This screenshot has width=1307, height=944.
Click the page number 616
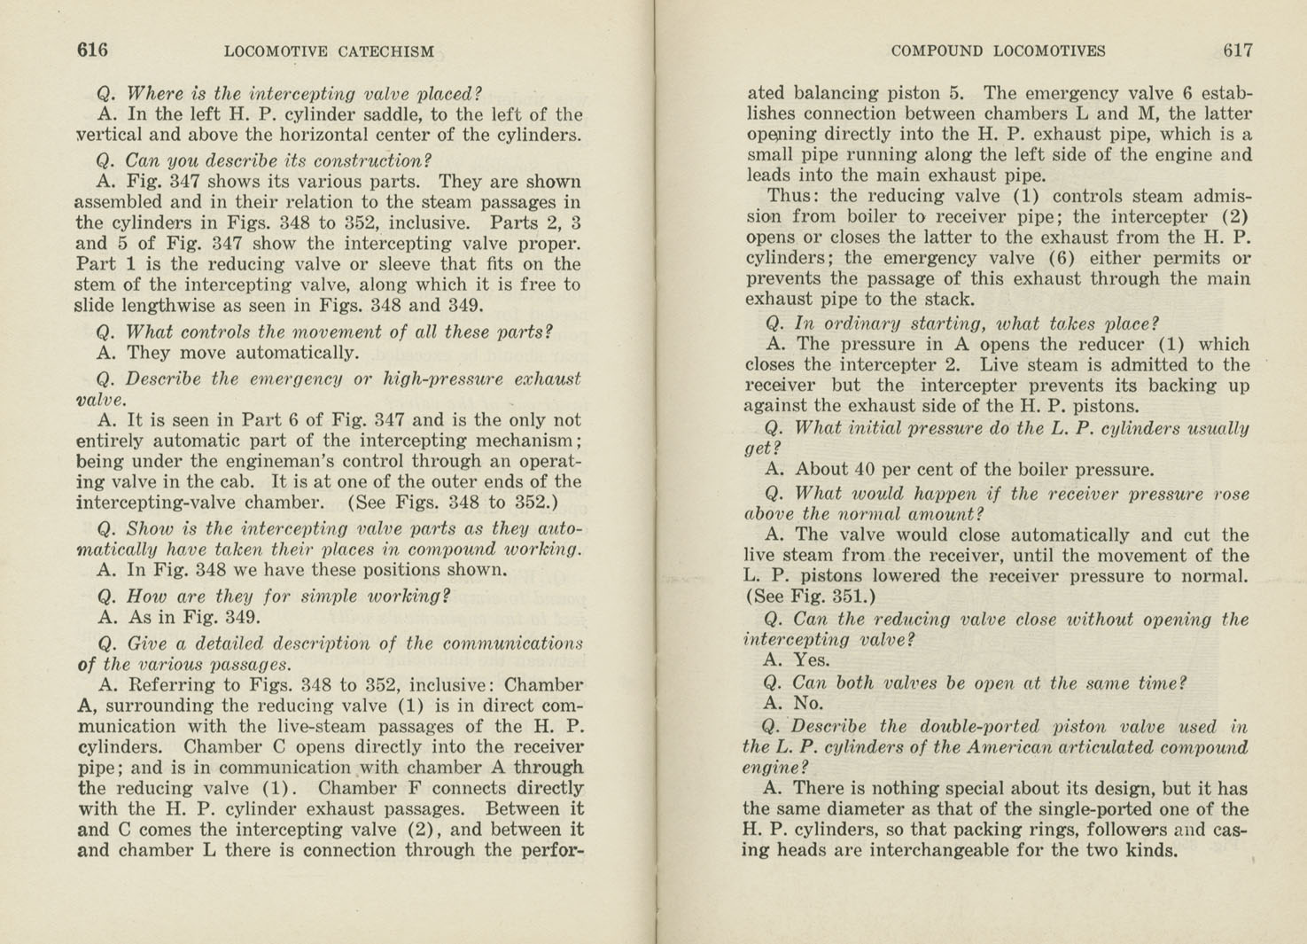pyautogui.click(x=92, y=51)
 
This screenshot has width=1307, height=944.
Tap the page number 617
pyautogui.click(x=1238, y=51)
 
